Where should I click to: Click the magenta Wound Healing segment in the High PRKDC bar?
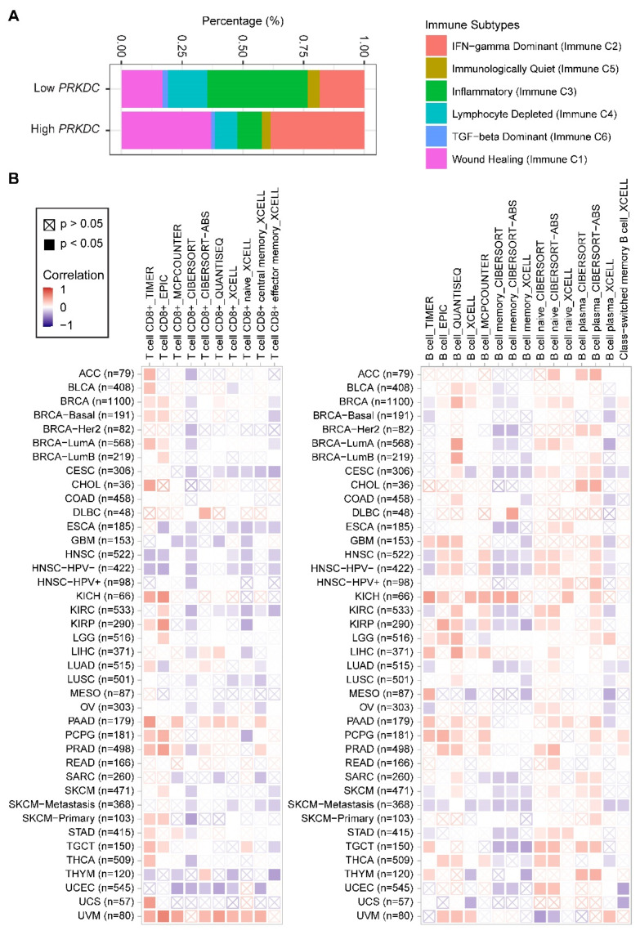point(166,130)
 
